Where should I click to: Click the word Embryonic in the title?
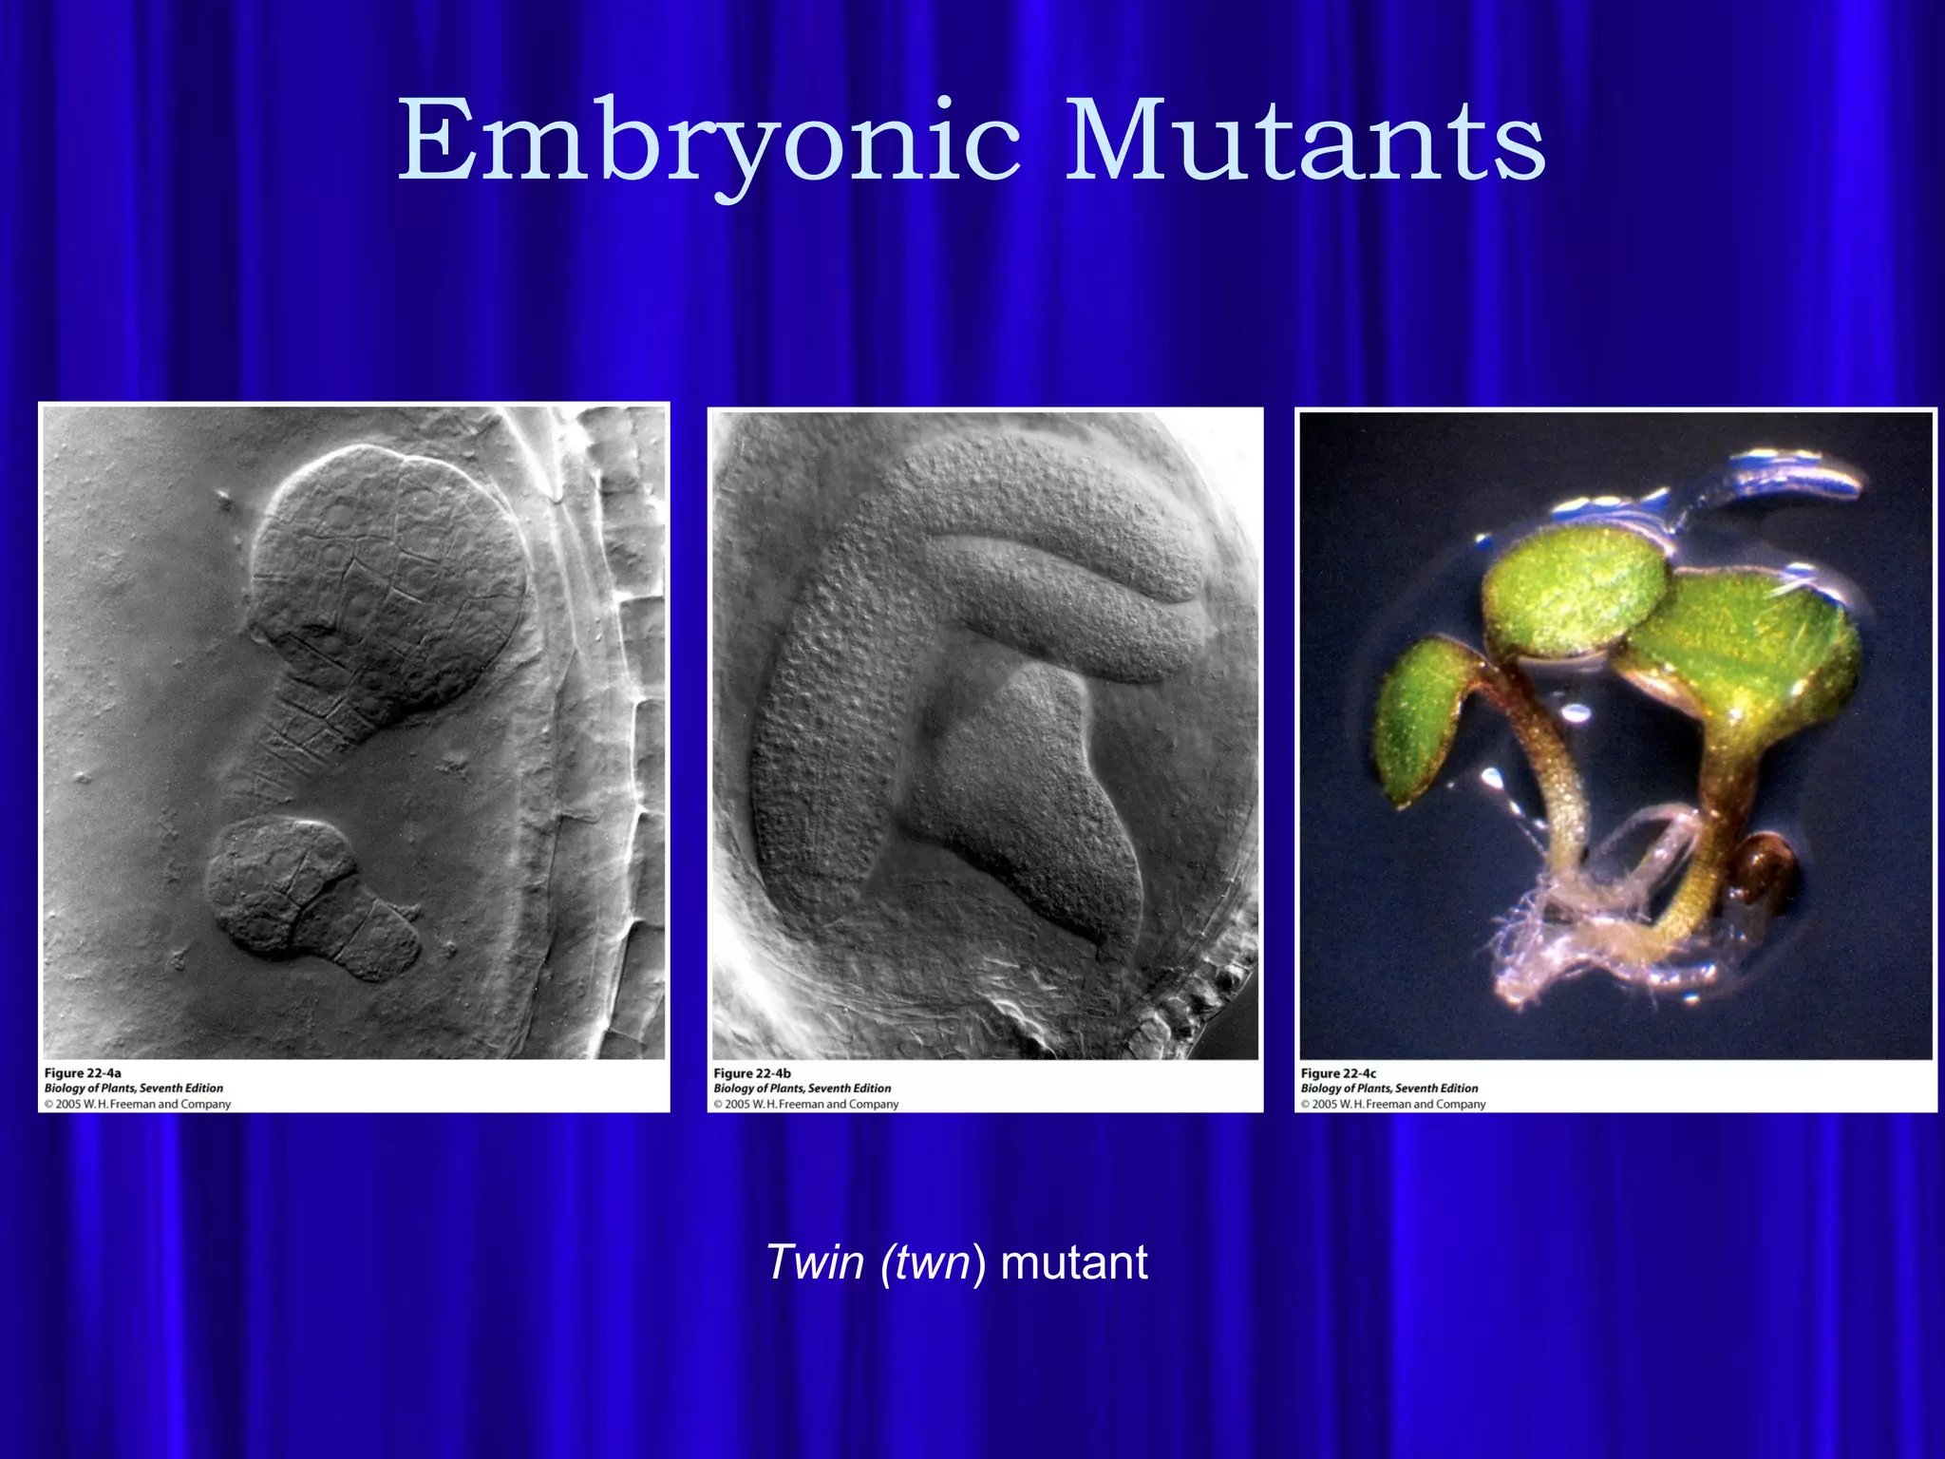pos(708,142)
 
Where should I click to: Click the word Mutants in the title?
pos(1305,142)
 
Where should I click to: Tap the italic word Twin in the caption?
pos(815,1262)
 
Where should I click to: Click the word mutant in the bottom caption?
pos(1074,1262)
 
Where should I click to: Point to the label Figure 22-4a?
pos(83,1073)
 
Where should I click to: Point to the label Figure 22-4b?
pos(752,1073)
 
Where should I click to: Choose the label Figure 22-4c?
pos(1338,1073)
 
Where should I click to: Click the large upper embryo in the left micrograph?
pos(389,579)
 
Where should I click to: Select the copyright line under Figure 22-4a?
pos(138,1105)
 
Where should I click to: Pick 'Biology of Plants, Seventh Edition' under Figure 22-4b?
pos(803,1089)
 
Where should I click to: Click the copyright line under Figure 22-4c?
pos(1393,1105)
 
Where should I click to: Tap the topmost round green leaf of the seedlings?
pos(1572,589)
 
